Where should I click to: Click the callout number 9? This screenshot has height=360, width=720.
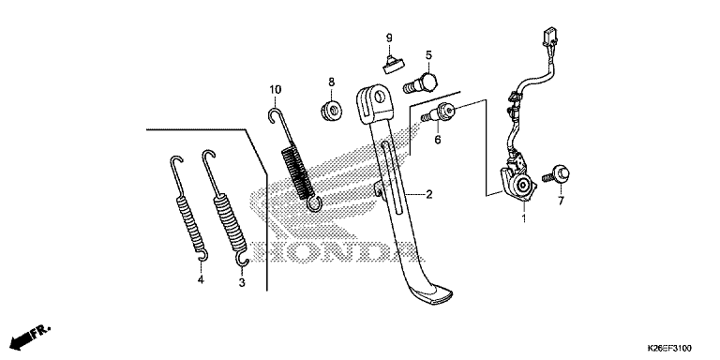pos(389,37)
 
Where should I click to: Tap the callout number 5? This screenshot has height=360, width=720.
pos(428,55)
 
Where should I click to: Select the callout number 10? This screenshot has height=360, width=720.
pos(275,89)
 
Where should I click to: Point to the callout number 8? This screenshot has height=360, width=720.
pos(332,82)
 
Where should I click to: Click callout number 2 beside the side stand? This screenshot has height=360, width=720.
pos(428,195)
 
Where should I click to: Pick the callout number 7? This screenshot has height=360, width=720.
pos(561,201)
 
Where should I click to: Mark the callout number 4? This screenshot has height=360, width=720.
pos(201,279)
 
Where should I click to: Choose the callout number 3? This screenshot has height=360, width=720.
pos(242,283)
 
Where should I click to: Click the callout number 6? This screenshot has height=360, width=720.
pos(438,139)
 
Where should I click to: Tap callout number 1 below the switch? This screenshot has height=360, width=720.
pos(523,217)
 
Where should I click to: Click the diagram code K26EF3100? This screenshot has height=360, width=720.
pos(669,348)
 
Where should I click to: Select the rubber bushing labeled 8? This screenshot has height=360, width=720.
pos(332,110)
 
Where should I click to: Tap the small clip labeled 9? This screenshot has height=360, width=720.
pos(392,64)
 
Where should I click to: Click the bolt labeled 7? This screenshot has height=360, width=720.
pos(556,174)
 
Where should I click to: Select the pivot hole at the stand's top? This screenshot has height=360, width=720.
pos(380,97)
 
